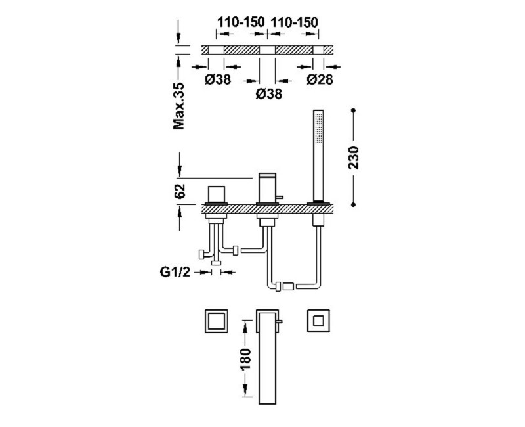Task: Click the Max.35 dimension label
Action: [x=178, y=106]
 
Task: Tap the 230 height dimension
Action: [x=353, y=158]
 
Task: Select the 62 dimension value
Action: [x=180, y=191]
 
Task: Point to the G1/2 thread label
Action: [x=175, y=272]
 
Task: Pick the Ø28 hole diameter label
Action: [x=320, y=79]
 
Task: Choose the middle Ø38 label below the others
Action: [x=268, y=94]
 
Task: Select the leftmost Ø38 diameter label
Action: [x=218, y=79]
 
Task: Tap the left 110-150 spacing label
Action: [x=241, y=22]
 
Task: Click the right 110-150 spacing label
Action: [x=293, y=22]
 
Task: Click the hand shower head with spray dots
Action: [x=318, y=130]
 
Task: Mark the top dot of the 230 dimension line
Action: [x=353, y=110]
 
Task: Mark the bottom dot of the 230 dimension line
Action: [x=353, y=204]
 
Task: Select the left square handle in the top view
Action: [x=216, y=321]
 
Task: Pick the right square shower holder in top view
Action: [x=318, y=321]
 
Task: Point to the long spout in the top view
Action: [x=268, y=357]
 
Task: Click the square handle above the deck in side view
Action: [x=217, y=194]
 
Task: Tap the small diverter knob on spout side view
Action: [x=281, y=197]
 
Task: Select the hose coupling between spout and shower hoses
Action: [x=288, y=286]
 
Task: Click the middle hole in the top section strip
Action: [x=267, y=50]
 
